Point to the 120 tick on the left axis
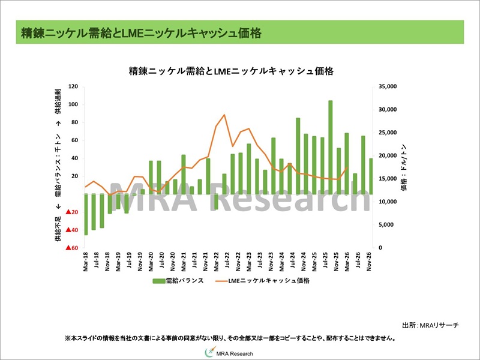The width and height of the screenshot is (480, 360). tap(74, 86)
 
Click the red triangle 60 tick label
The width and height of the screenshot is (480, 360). tap(73, 248)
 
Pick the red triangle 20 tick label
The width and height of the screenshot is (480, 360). tap(73, 212)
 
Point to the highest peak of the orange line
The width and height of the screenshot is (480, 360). tap(224, 115)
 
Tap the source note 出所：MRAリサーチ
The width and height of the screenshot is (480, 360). tap(430, 325)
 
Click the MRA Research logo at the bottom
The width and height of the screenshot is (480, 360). tap(230, 353)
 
